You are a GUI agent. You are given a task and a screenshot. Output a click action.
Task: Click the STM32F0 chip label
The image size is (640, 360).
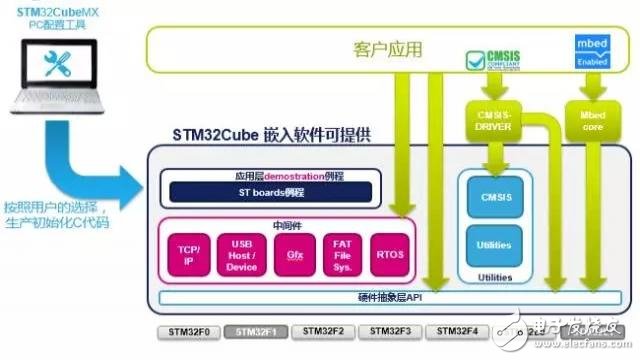[186, 329]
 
